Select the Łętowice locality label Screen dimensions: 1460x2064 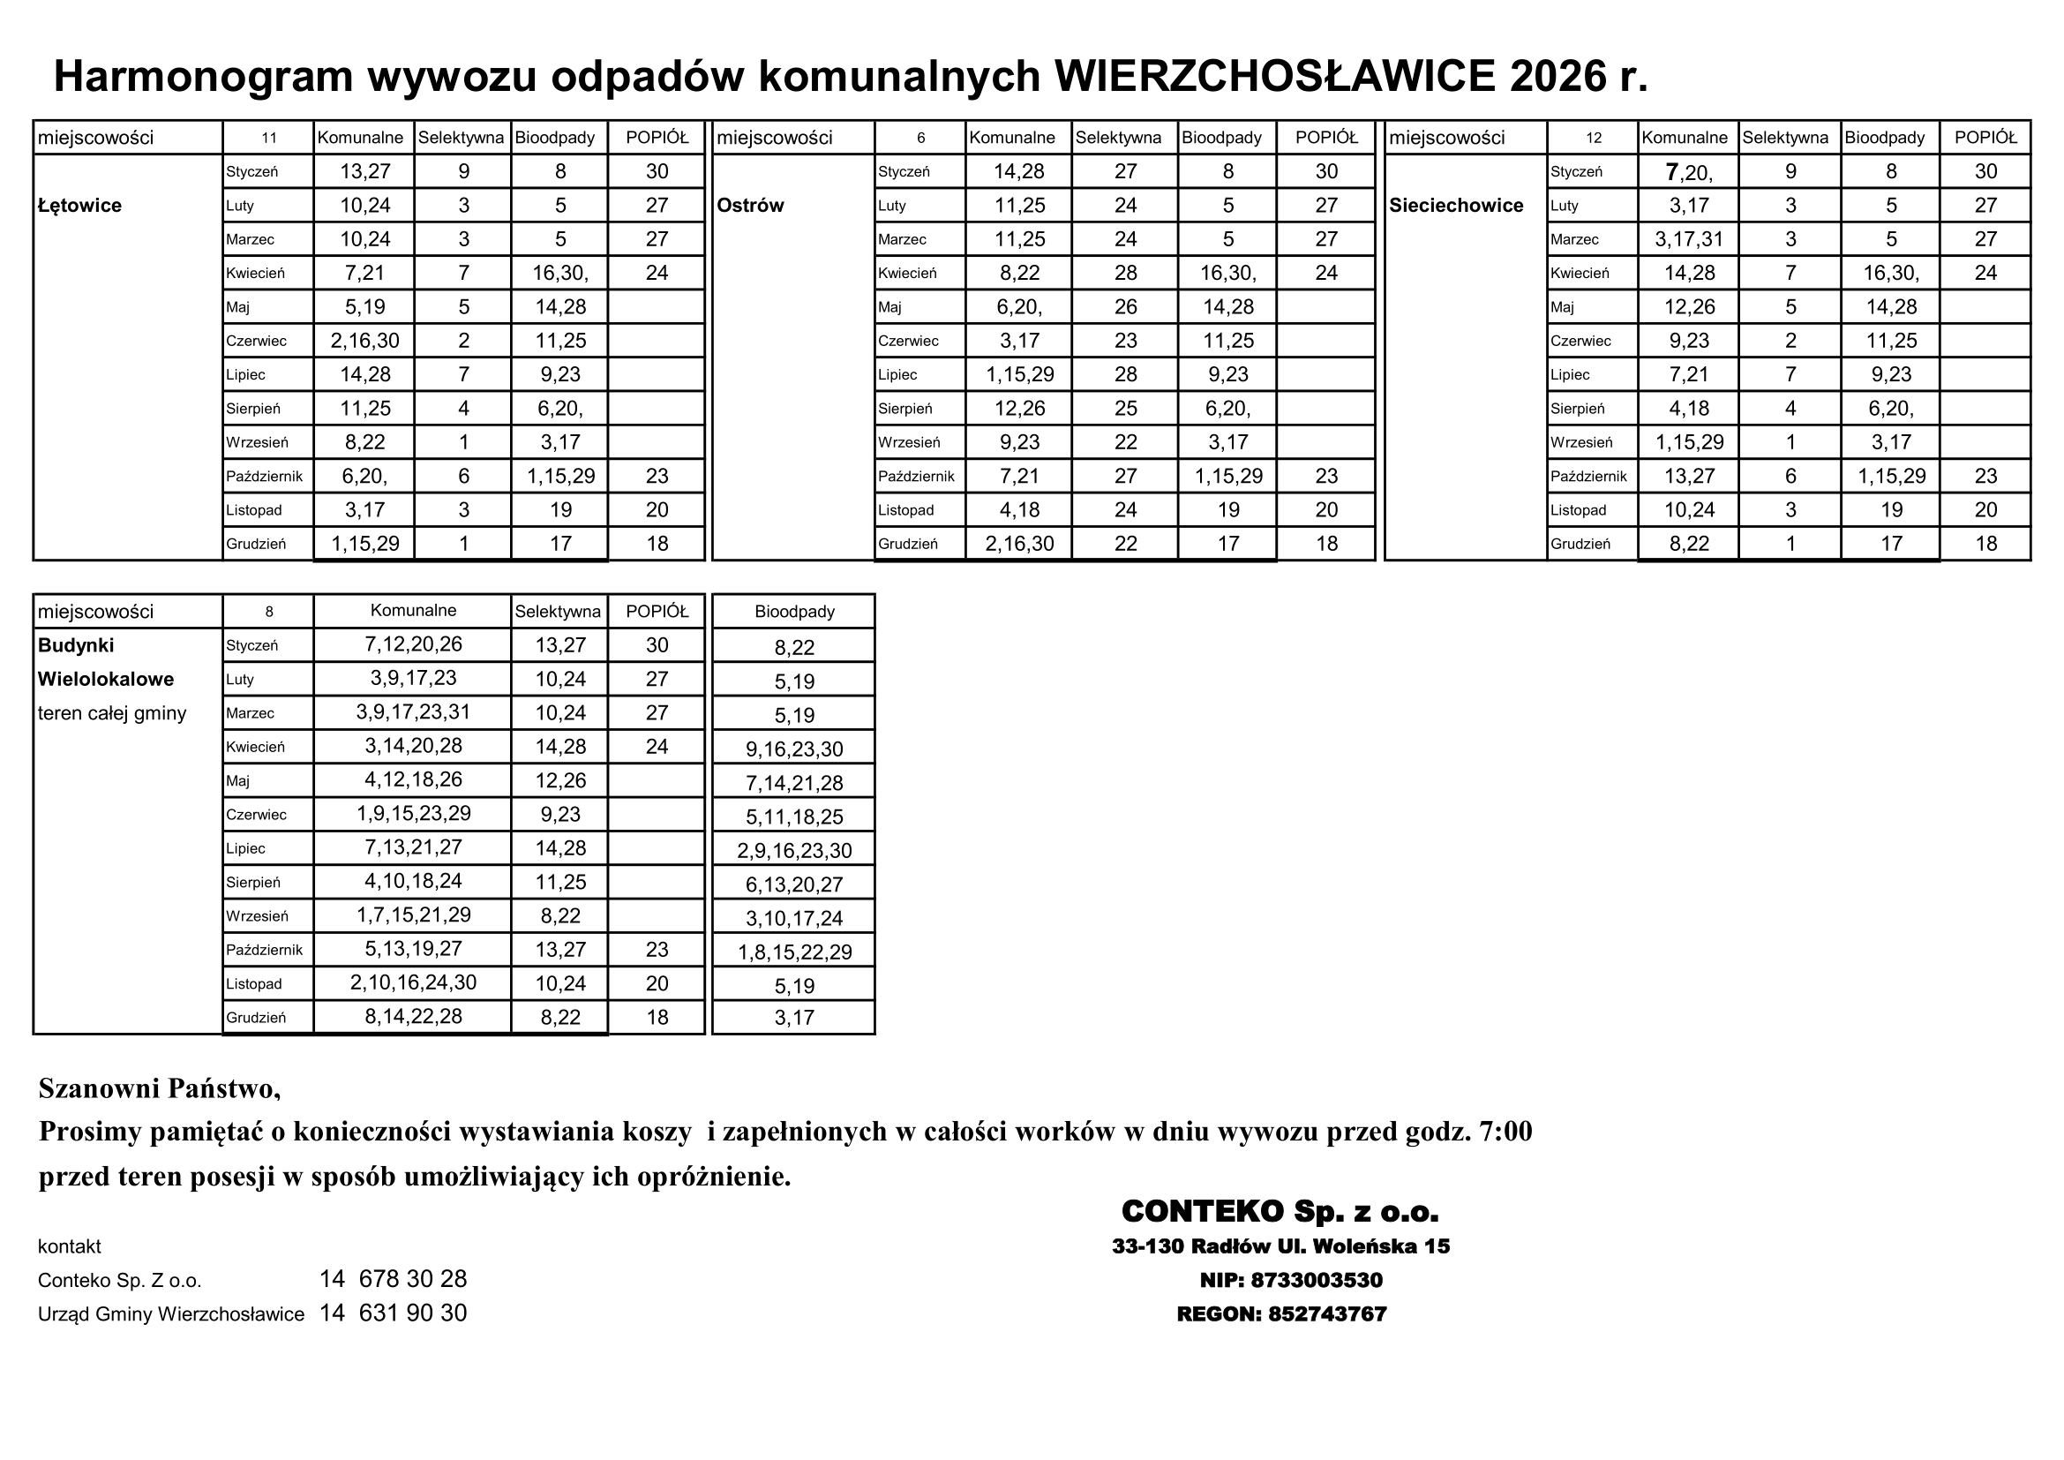80,206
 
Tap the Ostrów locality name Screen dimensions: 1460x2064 751,206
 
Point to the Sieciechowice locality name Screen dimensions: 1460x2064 1456,206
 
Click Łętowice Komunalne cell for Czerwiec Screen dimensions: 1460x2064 365,341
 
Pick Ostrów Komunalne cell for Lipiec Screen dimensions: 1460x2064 1019,375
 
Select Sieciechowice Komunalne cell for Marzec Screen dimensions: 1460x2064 1689,239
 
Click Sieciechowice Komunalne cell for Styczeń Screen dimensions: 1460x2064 1689,172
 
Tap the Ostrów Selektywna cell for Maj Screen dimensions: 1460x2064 1125,307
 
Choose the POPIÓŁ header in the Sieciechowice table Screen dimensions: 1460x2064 1985,138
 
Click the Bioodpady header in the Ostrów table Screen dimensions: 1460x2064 1228,138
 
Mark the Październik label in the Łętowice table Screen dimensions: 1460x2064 265,477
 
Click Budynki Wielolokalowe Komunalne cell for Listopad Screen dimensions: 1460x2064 413,982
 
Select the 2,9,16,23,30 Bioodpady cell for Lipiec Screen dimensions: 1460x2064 794,850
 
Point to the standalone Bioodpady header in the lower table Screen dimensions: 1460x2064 794,612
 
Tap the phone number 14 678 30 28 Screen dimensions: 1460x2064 393,1279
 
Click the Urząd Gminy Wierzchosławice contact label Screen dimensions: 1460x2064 171,1314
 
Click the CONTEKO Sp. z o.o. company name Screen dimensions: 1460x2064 1280,1212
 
